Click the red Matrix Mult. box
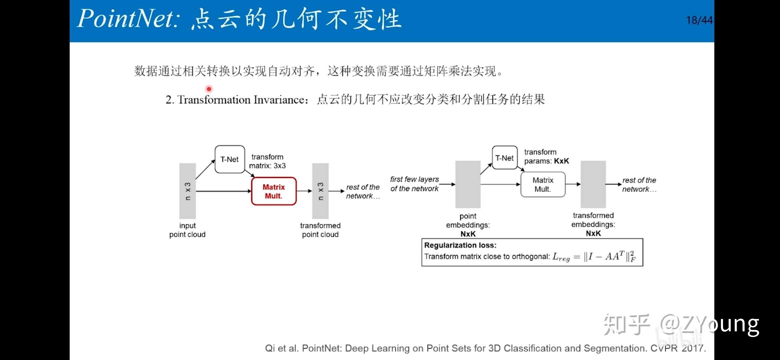tap(274, 191)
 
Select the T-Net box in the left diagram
tap(230, 159)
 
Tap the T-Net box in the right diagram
tap(505, 158)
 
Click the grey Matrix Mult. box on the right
tap(543, 184)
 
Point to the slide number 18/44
tap(699, 20)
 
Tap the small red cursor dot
tap(209, 89)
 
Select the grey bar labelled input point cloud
tap(188, 191)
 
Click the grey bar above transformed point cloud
tap(320, 191)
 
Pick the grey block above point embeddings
tap(468, 184)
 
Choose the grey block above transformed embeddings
tap(593, 184)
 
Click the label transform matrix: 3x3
tap(267, 161)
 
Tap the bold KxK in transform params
tap(561, 161)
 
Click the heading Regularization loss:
tap(460, 245)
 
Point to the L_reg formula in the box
tap(594, 257)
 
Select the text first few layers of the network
tap(414, 184)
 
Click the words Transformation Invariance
tap(241, 100)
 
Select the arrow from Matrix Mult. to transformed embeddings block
tap(573, 184)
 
